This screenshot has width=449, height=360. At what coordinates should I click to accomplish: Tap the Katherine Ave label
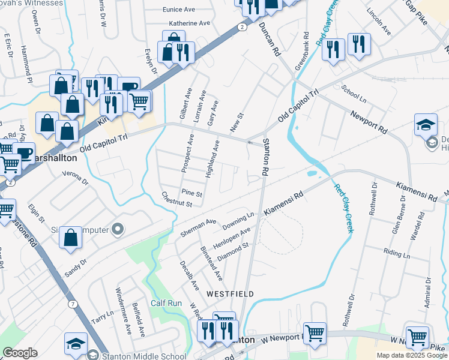click(189, 23)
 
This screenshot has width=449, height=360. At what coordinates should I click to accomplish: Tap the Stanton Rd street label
click(265, 158)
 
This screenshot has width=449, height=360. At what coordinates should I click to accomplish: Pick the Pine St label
click(191, 194)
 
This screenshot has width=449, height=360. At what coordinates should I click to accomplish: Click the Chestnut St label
click(176, 199)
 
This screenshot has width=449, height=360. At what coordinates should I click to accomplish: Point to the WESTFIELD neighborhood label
click(230, 294)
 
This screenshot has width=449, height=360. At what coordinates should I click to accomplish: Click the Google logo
click(20, 353)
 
